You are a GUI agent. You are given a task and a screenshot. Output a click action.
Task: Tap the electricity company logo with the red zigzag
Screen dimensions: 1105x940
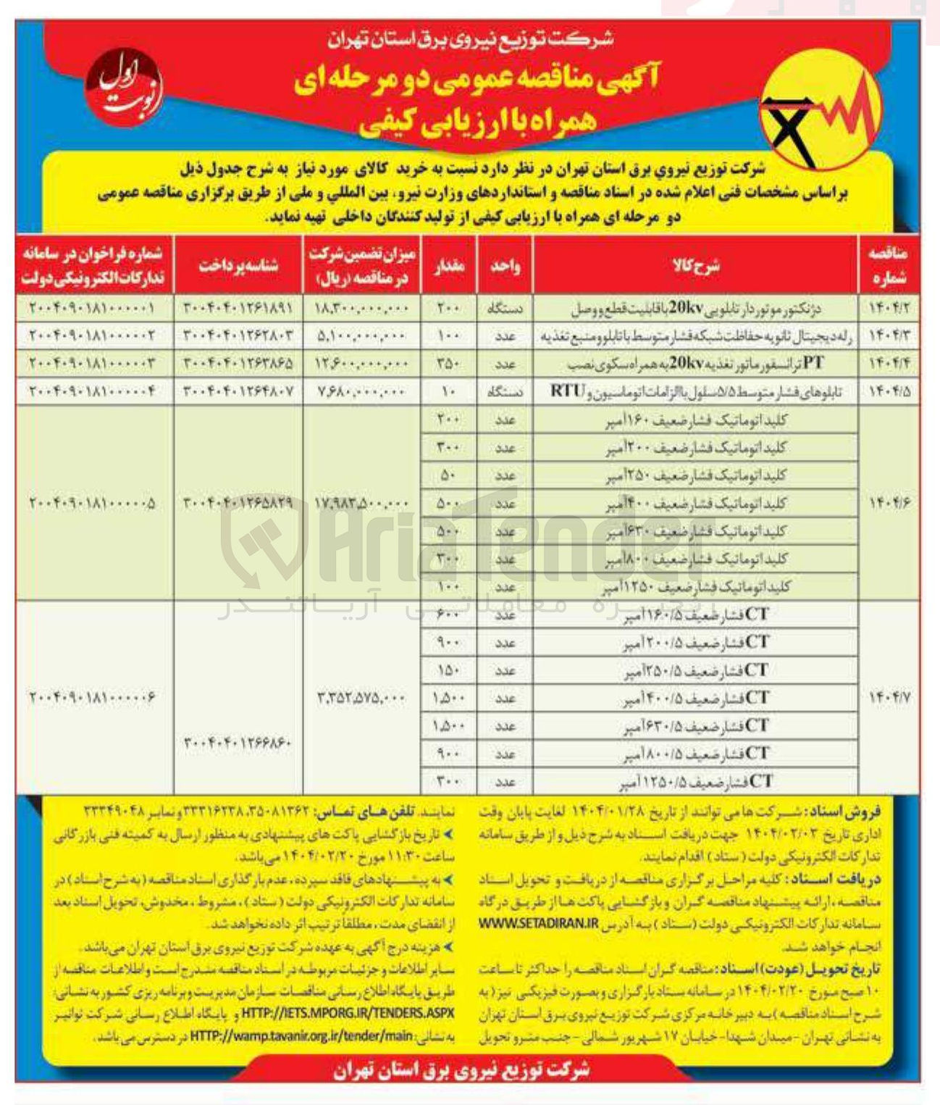pyautogui.click(x=821, y=113)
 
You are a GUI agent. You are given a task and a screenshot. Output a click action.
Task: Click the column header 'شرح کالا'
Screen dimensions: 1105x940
pyautogui.click(x=695, y=265)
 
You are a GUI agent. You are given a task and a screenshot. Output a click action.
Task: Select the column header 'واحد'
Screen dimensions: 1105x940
pyautogui.click(x=505, y=265)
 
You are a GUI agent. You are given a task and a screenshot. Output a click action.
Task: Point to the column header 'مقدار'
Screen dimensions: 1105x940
pyautogui.click(x=449, y=265)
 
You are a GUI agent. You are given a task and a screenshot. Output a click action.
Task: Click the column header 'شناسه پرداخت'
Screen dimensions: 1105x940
pyautogui.click(x=238, y=265)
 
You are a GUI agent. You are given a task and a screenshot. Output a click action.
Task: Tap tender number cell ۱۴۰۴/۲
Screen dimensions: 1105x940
pyautogui.click(x=888, y=309)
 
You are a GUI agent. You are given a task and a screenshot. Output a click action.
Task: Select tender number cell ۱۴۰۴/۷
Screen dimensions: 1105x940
pyautogui.click(x=888, y=698)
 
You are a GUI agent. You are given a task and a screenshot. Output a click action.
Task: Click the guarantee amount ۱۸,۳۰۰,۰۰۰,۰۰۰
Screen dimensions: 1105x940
pyautogui.click(x=362, y=309)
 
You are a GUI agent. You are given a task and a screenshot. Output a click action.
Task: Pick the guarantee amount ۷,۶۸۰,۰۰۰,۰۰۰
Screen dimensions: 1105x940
pyautogui.click(x=362, y=392)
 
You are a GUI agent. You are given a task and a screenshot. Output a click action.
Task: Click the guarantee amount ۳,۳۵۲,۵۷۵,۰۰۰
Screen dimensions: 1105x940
pyautogui.click(x=362, y=698)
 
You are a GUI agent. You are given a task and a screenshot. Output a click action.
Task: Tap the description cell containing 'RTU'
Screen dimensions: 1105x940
pyautogui.click(x=695, y=392)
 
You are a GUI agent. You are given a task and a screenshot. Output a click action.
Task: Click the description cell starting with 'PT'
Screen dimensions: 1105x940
pyautogui.click(x=695, y=364)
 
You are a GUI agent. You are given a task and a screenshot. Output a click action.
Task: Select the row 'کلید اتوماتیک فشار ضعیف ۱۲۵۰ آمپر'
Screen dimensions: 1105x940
pyautogui.click(x=695, y=587)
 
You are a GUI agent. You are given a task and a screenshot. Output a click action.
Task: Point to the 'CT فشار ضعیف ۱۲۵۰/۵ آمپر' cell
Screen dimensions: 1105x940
pyautogui.click(x=695, y=782)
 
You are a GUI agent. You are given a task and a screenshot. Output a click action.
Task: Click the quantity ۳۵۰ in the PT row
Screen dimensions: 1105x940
pyautogui.click(x=449, y=364)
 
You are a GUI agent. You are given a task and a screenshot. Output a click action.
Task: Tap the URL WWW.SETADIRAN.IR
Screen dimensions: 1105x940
pyautogui.click(x=539, y=924)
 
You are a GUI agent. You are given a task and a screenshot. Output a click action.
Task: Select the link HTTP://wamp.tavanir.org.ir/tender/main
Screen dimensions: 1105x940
pyautogui.click(x=301, y=1036)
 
